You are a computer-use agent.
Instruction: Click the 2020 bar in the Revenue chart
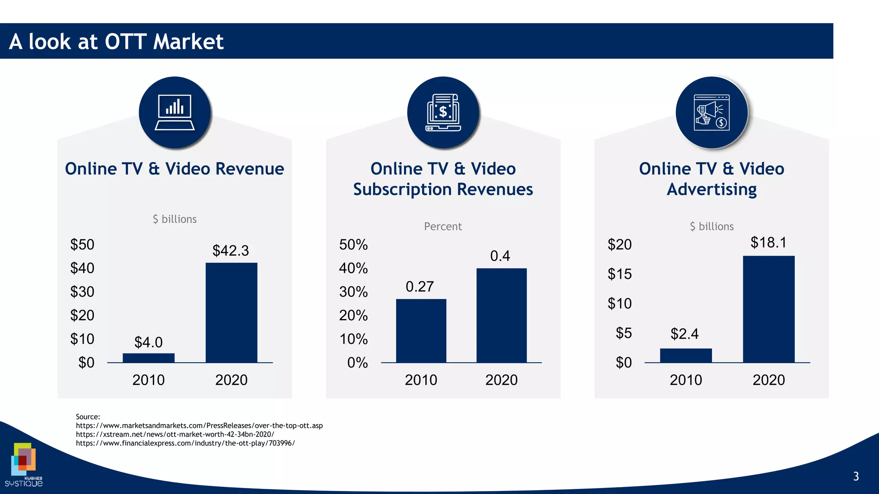(x=231, y=313)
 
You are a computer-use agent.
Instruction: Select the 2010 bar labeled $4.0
(x=149, y=358)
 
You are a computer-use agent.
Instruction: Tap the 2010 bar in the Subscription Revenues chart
(x=421, y=331)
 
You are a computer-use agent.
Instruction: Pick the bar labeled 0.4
(x=501, y=315)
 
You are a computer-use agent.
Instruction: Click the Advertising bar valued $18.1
(x=769, y=309)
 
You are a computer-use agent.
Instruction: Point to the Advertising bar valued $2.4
(x=686, y=355)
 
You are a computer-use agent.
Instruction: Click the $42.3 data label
(x=230, y=251)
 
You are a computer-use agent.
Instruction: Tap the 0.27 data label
(x=420, y=286)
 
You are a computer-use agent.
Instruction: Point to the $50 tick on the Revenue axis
(x=82, y=244)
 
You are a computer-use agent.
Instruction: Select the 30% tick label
(x=353, y=292)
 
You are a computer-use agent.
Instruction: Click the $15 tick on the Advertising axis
(x=619, y=274)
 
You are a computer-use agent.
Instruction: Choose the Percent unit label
(x=443, y=226)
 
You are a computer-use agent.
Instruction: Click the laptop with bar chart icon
(x=175, y=112)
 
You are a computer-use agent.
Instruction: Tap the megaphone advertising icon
(x=711, y=112)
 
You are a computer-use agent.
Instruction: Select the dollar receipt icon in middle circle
(x=443, y=112)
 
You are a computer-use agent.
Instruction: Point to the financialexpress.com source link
(x=185, y=443)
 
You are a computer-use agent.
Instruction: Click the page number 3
(x=856, y=476)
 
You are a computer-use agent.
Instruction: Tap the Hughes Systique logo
(x=24, y=466)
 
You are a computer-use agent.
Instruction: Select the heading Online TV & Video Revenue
(x=174, y=169)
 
